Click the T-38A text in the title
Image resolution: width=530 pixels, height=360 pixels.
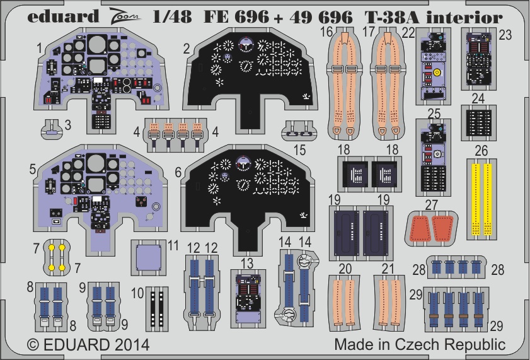point(392,17)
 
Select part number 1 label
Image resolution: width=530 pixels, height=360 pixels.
point(39,47)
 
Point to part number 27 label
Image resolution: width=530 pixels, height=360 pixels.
point(432,204)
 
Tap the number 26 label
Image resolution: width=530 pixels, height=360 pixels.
point(481,151)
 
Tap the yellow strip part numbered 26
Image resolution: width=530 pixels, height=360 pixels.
point(482,197)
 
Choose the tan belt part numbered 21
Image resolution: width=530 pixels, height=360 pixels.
point(390,302)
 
